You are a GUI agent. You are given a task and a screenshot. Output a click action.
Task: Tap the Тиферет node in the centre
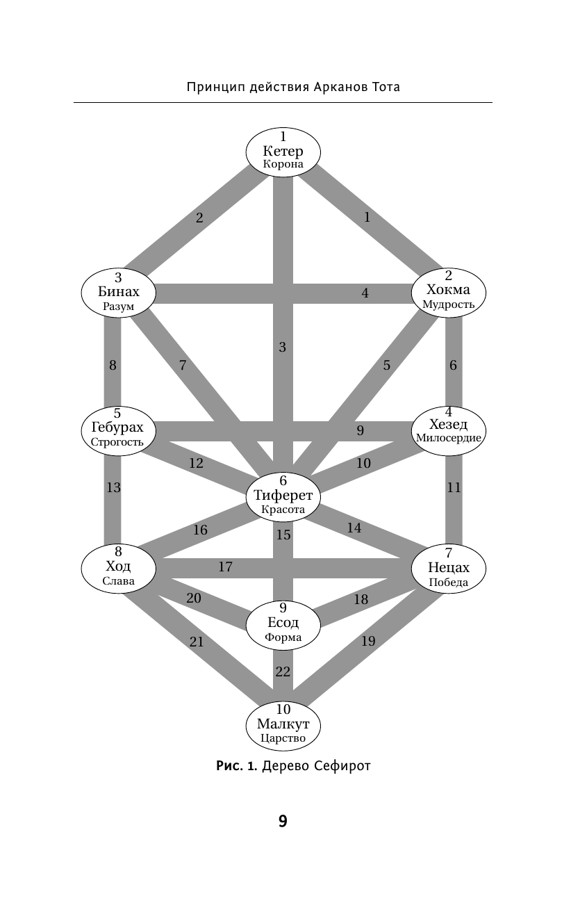click(x=283, y=496)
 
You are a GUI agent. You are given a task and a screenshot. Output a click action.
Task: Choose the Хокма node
click(x=448, y=290)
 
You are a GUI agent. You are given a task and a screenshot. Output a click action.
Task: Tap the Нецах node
click(x=448, y=568)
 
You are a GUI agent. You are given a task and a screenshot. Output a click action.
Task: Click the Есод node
click(x=283, y=623)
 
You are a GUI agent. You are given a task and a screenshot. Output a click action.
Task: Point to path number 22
click(x=282, y=671)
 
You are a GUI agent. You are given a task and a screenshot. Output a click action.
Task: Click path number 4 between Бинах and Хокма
click(x=365, y=293)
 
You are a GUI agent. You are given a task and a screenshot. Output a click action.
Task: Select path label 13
click(x=113, y=488)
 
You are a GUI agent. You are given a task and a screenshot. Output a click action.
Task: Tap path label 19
click(x=368, y=641)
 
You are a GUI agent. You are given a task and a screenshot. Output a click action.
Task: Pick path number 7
click(x=183, y=365)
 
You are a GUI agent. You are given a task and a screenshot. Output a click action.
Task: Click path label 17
click(x=225, y=567)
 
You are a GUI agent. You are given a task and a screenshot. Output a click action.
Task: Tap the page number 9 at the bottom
click(x=283, y=822)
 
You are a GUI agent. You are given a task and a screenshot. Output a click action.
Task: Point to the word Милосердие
click(x=449, y=438)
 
